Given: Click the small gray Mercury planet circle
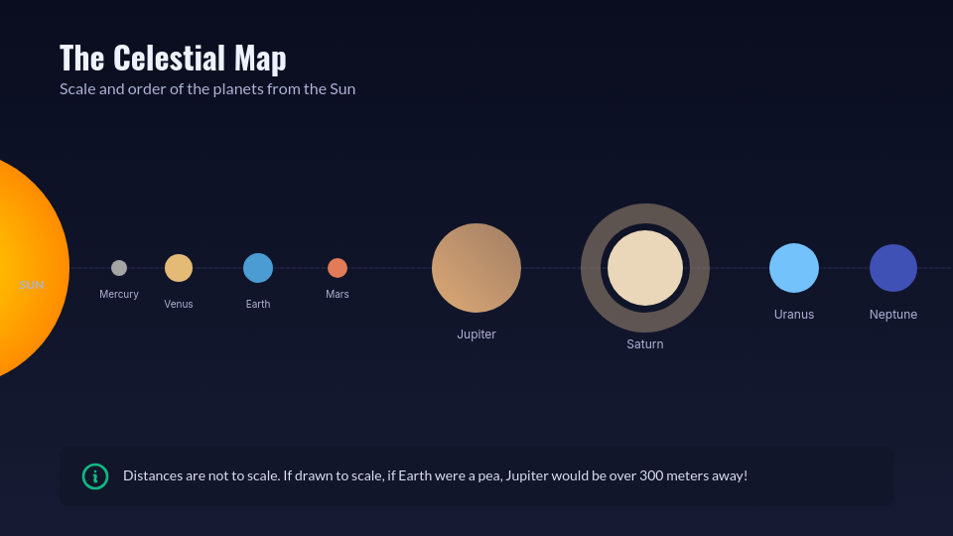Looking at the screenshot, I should (x=119, y=268).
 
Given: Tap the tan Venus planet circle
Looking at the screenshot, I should (x=179, y=268).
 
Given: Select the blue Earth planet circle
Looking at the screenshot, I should (x=258, y=268).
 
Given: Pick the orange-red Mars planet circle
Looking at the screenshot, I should (x=338, y=268).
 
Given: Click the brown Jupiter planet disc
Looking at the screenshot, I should (x=476, y=268).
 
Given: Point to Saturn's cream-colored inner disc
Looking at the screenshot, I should (x=645, y=268).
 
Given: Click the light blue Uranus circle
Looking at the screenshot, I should (x=794, y=268).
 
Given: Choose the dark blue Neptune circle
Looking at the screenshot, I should (x=893, y=268).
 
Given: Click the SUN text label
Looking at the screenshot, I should (x=32, y=285).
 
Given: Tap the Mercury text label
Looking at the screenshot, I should (x=119, y=294).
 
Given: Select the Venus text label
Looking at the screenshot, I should (x=179, y=304).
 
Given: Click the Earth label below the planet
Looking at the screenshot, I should (x=258, y=304).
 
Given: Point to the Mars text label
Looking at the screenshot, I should (x=338, y=294).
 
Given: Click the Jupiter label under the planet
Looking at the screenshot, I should (x=476, y=335).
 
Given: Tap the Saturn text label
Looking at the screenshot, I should (x=645, y=344).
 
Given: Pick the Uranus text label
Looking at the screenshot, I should (x=794, y=315).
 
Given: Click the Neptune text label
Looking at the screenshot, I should (x=893, y=315).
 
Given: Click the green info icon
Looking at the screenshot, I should (x=95, y=476).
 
